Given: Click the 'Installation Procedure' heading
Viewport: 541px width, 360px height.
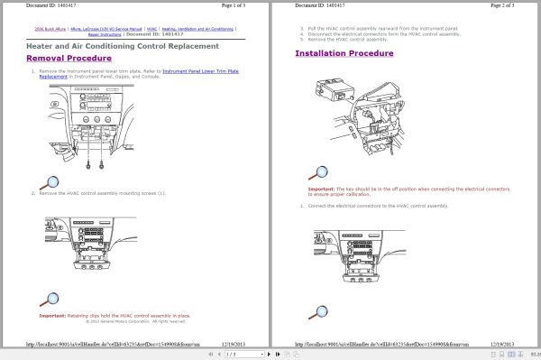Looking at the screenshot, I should [347, 53].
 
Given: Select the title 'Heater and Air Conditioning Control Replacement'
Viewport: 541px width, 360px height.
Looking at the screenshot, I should [122, 45].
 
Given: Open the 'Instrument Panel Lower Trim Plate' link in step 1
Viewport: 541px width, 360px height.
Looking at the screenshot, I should [201, 70].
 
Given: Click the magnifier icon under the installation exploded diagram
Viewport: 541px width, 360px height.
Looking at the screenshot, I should [317, 171].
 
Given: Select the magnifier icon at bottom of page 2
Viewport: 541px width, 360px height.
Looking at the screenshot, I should [317, 312].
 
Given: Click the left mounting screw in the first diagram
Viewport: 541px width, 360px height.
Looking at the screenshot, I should [87, 165].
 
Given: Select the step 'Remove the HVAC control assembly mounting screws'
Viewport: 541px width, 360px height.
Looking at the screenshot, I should [102, 193].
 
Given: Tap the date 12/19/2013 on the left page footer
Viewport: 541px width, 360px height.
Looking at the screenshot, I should [244, 345].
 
